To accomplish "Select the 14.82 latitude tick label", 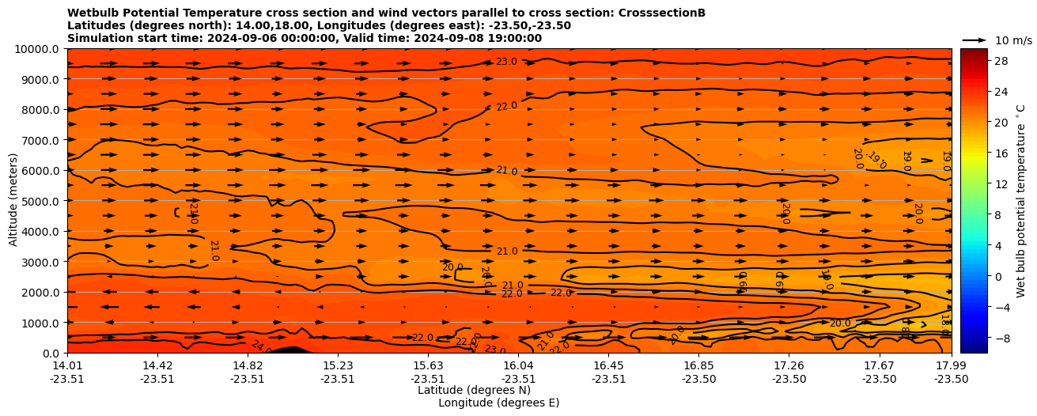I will [248, 365].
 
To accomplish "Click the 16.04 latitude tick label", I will [518, 365].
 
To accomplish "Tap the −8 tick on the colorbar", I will [978, 338].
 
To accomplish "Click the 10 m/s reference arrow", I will [975, 40].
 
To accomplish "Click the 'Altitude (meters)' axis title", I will [13, 200].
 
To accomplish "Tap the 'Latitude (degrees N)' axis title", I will [474, 390].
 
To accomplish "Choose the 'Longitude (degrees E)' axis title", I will [498, 403].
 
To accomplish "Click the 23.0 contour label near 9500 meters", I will [506, 62].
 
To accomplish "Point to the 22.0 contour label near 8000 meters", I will [506, 106].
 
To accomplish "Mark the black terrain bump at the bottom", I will [292, 350].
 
